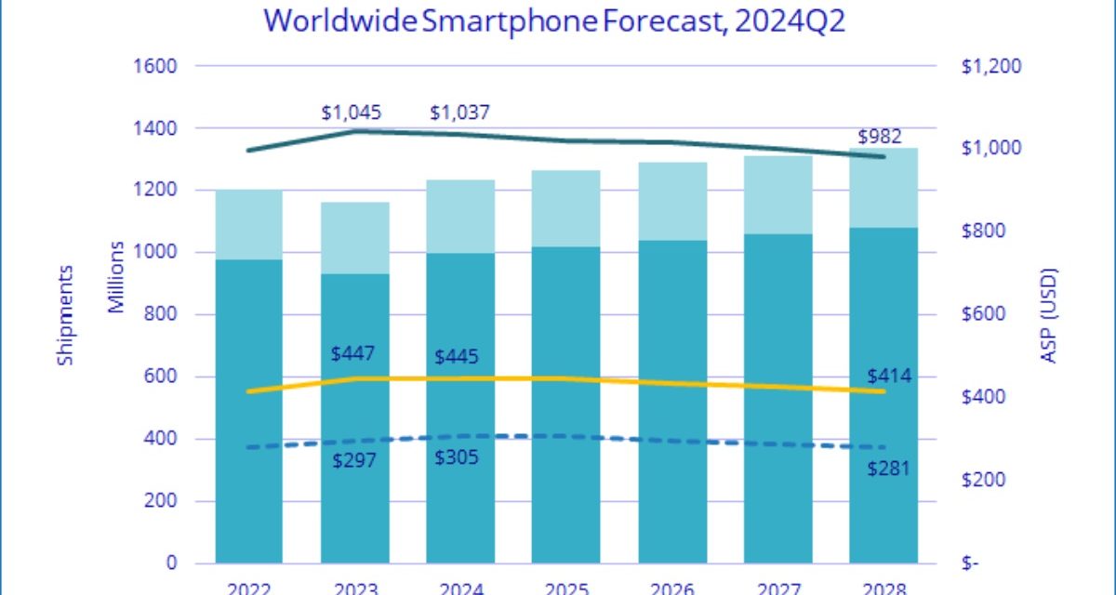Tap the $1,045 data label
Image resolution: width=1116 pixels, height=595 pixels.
tap(352, 113)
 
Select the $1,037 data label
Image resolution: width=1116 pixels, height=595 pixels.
tap(459, 113)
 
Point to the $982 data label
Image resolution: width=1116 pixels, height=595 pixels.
tap(880, 136)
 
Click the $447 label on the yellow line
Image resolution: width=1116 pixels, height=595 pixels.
tap(353, 354)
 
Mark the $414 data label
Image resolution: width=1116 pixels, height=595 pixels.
tap(887, 377)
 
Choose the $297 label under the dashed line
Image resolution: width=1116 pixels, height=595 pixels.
tap(353, 460)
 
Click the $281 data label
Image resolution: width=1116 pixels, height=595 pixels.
tap(887, 467)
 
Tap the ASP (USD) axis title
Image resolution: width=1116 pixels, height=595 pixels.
tap(1050, 315)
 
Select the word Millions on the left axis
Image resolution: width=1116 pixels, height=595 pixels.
tap(116, 276)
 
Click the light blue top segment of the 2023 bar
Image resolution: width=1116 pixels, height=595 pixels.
tap(354, 237)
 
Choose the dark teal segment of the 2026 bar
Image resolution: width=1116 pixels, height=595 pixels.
tap(671, 400)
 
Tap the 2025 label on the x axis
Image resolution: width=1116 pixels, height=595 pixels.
tap(565, 587)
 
